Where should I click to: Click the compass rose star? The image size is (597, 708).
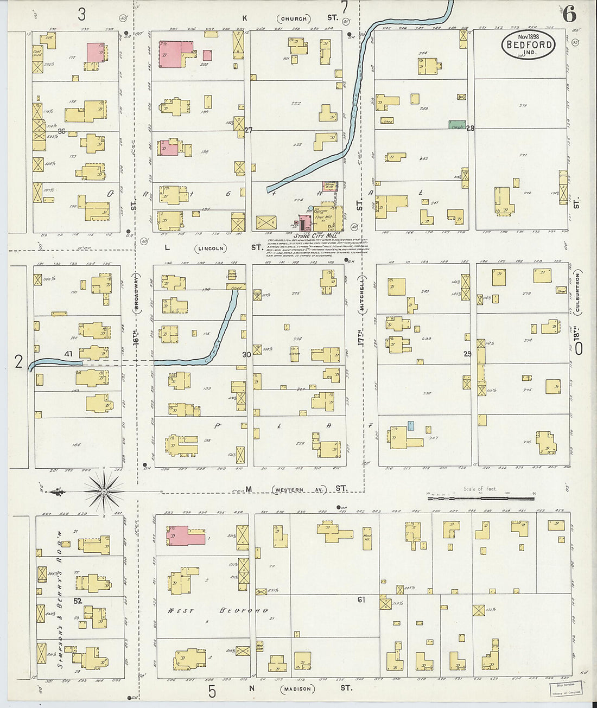pos(104,492)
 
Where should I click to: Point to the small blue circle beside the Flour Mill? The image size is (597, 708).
pos(310,208)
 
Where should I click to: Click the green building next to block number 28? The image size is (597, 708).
pos(458,125)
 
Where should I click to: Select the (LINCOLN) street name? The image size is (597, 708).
pos(211,248)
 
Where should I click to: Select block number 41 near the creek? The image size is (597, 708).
pos(68,354)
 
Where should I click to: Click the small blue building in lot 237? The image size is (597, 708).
pos(411,425)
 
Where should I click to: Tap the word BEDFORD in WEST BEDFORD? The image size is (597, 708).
pos(244,610)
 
